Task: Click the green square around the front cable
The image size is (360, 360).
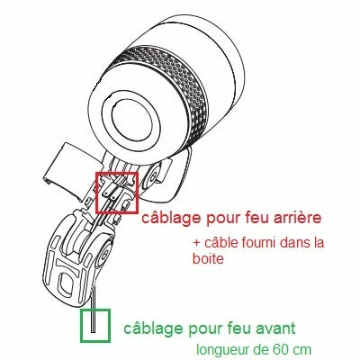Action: coord(94,325)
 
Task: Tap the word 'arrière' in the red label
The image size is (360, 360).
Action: coord(294,218)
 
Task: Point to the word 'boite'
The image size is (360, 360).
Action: coord(208,258)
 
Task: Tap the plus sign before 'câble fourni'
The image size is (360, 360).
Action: coord(196,243)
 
